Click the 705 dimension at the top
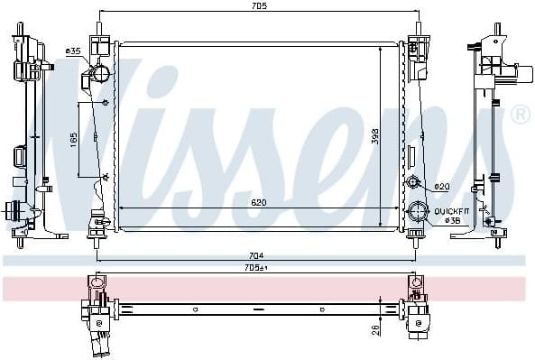click(x=259, y=7)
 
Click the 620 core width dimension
click(x=258, y=204)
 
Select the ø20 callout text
click(x=441, y=187)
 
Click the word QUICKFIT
click(x=450, y=209)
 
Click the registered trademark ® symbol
click(x=521, y=115)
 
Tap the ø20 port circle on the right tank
click(x=414, y=182)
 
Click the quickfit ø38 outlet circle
click(x=417, y=214)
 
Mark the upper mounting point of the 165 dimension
click(x=106, y=102)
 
